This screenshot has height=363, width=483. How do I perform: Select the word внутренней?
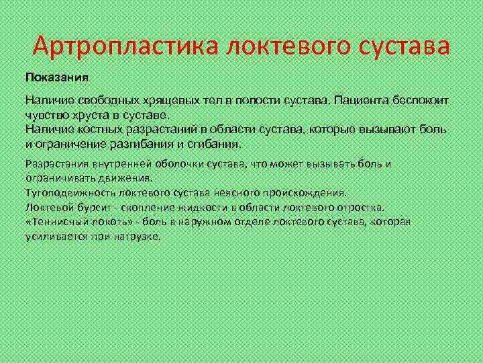pos(114,164)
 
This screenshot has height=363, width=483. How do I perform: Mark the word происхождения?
pos(313,192)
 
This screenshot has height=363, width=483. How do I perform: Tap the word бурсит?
pos(86,207)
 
